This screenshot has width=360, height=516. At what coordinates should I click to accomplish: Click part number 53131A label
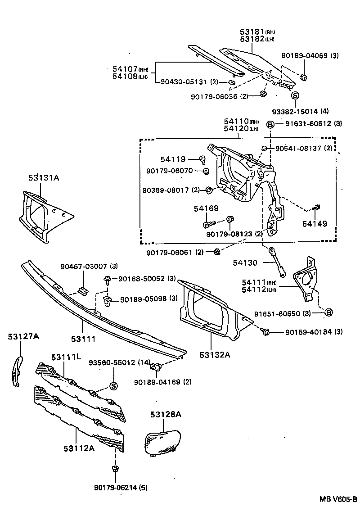tap(44, 178)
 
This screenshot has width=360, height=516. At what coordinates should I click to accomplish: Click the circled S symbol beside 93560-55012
tap(113, 386)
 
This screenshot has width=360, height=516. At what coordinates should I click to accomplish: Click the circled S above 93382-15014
tap(295, 95)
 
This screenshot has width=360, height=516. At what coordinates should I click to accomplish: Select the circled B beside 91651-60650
tap(328, 312)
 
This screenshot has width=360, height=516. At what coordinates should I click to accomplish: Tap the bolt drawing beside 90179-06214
tap(115, 470)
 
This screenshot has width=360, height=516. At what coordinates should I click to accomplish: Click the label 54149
tap(315, 224)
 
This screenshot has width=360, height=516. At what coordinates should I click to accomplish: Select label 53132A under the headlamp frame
tap(216, 354)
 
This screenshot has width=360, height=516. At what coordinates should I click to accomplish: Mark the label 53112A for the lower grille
tap(79, 448)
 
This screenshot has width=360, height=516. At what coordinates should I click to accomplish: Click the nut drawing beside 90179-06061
tap(216, 251)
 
